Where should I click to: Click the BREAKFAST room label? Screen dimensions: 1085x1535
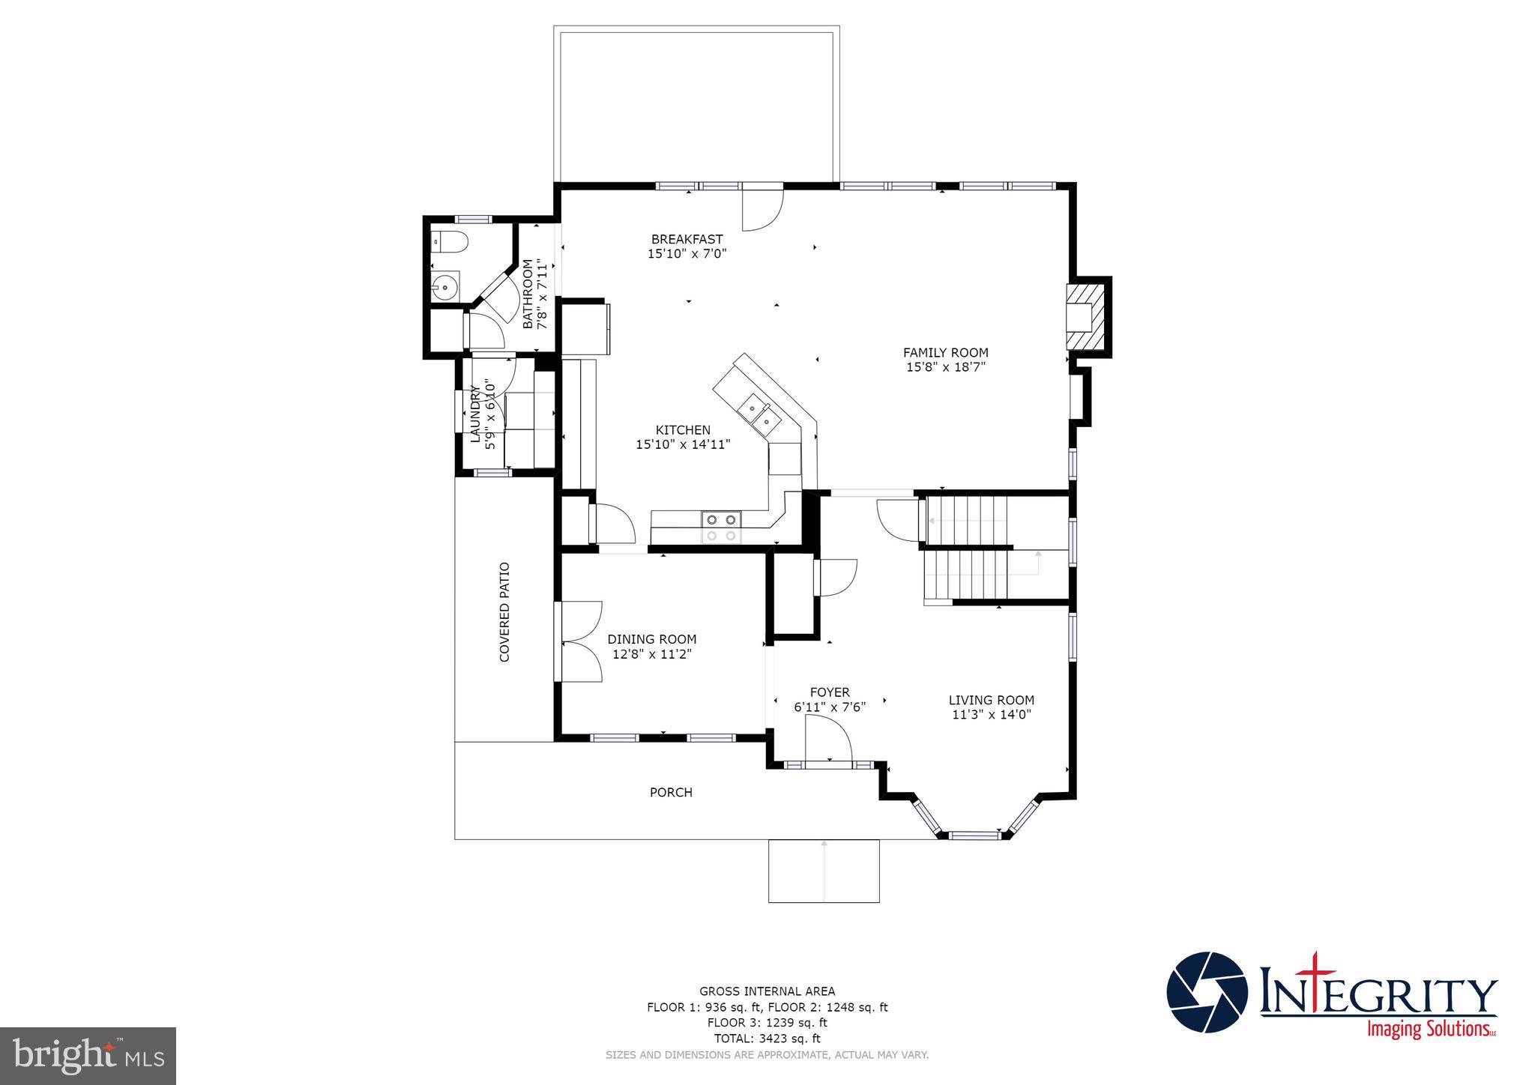coord(687,239)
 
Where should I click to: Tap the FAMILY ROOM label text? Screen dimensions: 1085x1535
coord(945,352)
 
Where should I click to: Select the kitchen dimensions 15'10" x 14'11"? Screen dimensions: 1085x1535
coord(683,444)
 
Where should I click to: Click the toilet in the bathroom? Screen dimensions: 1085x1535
coord(452,242)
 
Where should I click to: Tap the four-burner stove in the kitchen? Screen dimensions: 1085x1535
coord(721,527)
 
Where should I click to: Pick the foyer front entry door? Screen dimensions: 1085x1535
coord(828,739)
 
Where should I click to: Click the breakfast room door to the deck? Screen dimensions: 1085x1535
coord(762,208)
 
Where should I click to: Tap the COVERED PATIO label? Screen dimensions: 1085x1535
coord(504,612)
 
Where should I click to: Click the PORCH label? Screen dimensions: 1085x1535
coord(671,792)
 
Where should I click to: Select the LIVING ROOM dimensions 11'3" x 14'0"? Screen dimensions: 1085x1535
coord(992,715)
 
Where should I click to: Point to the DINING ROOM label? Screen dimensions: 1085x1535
coord(651,639)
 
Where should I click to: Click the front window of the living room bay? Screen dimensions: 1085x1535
coord(974,834)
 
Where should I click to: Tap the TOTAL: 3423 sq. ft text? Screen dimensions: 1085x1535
coord(767,1039)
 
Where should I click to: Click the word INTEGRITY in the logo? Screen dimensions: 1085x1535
coord(1378,997)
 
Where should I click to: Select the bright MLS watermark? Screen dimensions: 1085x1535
coord(88,1057)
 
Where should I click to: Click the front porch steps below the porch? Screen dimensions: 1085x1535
coord(824,871)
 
